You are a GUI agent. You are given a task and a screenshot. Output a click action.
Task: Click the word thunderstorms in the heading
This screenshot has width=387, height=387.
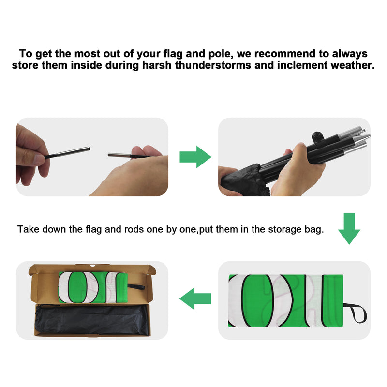(213, 65)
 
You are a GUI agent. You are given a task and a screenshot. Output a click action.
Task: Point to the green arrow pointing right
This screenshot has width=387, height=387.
(195, 157)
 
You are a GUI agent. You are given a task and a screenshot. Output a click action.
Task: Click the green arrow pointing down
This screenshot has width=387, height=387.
(349, 228)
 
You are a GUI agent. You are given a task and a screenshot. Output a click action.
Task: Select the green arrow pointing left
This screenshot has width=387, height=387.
(195, 298)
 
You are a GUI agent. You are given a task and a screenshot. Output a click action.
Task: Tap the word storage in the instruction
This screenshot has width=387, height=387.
(285, 229)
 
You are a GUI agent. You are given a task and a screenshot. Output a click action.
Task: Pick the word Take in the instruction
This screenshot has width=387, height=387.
(29, 229)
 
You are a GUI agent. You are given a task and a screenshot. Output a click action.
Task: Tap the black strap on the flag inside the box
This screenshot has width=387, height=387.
(136, 287)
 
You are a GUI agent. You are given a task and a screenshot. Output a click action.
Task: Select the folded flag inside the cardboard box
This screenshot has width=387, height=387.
(93, 287)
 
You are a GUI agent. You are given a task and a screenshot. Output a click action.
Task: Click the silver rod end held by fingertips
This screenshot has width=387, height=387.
(73, 151)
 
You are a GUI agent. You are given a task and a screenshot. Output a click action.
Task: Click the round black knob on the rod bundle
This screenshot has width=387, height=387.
(317, 136)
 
